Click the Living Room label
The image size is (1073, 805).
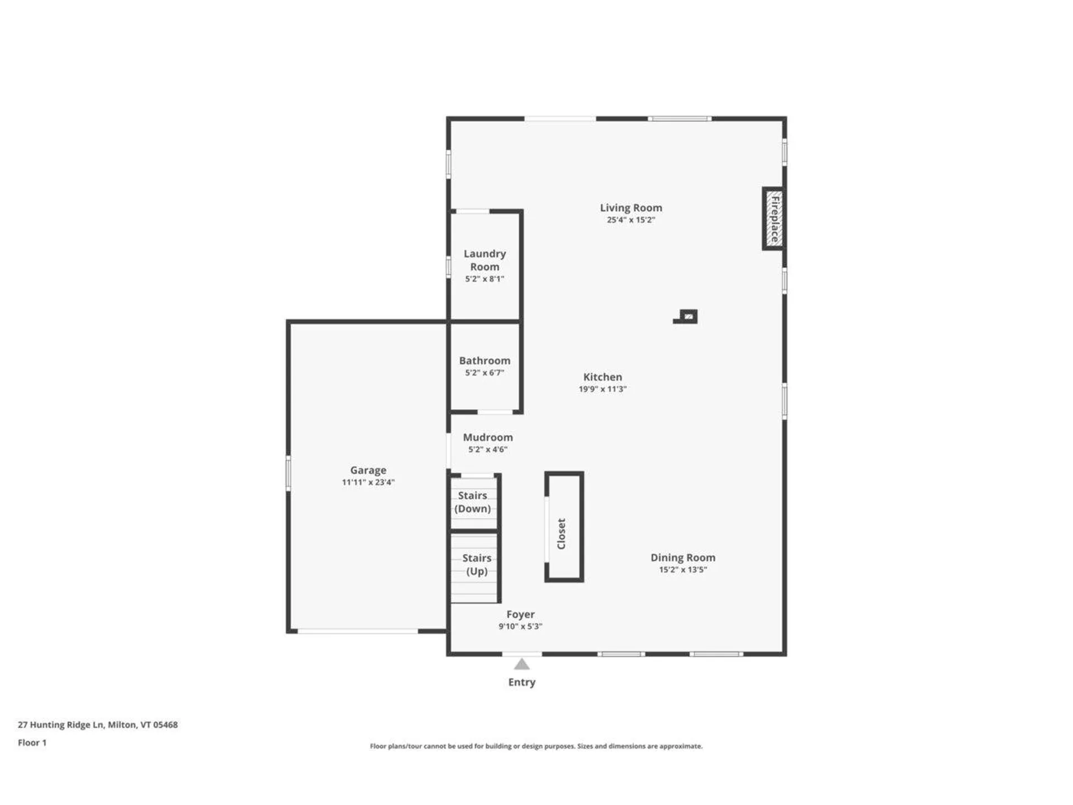(631, 207)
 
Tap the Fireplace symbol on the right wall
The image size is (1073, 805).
(773, 219)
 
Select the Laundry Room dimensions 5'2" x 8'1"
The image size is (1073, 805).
(485, 279)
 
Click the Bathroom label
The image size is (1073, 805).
(485, 361)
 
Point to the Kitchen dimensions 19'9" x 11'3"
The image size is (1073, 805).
(602, 389)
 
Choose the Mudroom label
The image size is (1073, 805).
(487, 437)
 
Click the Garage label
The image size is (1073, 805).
(368, 470)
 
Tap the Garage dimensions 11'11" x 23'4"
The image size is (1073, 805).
(368, 482)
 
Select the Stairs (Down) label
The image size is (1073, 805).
(473, 502)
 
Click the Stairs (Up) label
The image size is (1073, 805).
(477, 565)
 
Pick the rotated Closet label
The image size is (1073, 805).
(562, 533)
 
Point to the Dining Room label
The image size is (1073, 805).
(682, 557)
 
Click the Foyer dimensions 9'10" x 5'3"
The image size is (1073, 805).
(520, 627)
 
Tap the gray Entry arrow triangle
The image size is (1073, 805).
(521, 665)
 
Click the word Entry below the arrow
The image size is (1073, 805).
(521, 682)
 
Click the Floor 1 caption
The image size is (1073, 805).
(32, 742)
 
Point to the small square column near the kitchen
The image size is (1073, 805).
(689, 316)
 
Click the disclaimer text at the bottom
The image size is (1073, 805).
(536, 746)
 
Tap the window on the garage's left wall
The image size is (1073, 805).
(288, 472)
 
